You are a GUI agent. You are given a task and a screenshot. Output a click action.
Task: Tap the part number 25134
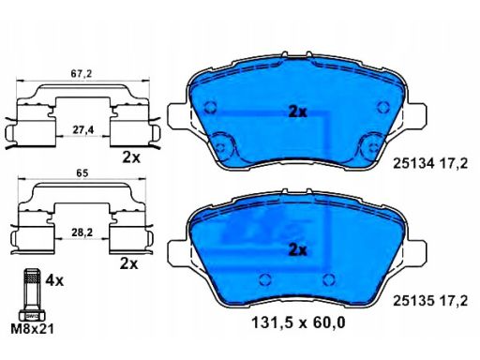409,163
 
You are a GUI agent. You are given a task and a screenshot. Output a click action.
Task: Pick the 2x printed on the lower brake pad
297,249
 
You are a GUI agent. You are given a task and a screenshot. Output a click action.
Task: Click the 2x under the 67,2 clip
131,158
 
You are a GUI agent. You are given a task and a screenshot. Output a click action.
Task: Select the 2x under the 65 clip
130,264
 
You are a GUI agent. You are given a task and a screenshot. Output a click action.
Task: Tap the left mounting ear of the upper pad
176,116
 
